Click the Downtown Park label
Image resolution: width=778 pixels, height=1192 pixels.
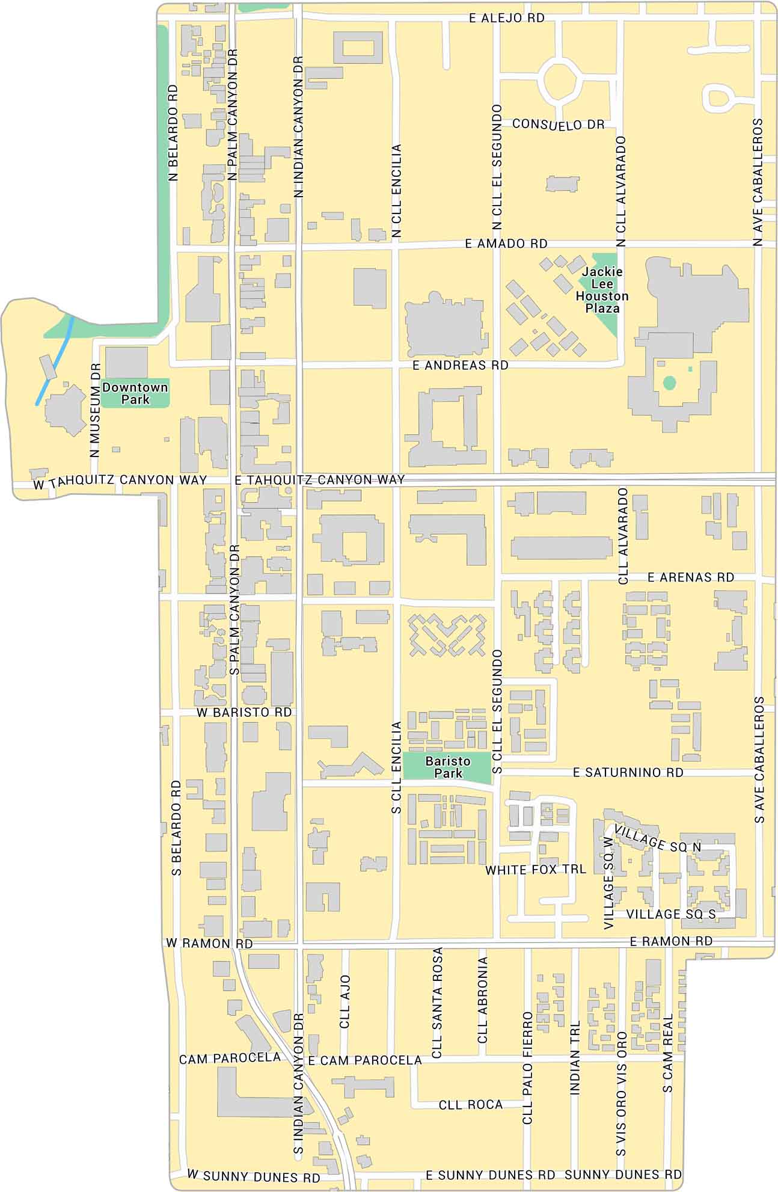tap(135, 393)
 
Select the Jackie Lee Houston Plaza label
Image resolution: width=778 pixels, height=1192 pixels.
tap(602, 290)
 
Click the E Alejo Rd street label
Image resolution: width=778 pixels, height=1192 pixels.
tap(506, 18)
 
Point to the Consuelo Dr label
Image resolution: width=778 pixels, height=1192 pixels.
tap(558, 124)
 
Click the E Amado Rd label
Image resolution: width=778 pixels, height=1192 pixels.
tap(506, 244)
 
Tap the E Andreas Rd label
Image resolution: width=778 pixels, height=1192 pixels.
tap(460, 365)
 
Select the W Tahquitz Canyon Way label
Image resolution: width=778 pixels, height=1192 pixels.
tap(120, 481)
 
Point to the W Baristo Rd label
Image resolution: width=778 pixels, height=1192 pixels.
tap(244, 712)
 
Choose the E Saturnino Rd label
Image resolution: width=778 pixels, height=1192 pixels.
tap(628, 772)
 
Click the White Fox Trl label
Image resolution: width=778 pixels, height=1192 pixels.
tap(535, 870)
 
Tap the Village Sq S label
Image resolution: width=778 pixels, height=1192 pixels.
tap(670, 914)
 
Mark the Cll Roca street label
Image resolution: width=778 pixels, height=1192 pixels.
tap(470, 1104)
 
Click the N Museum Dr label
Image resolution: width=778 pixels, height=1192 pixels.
tap(95, 410)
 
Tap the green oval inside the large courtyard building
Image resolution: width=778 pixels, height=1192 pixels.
tap(669, 382)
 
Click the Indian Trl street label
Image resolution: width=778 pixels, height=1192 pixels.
tap(575, 1057)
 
